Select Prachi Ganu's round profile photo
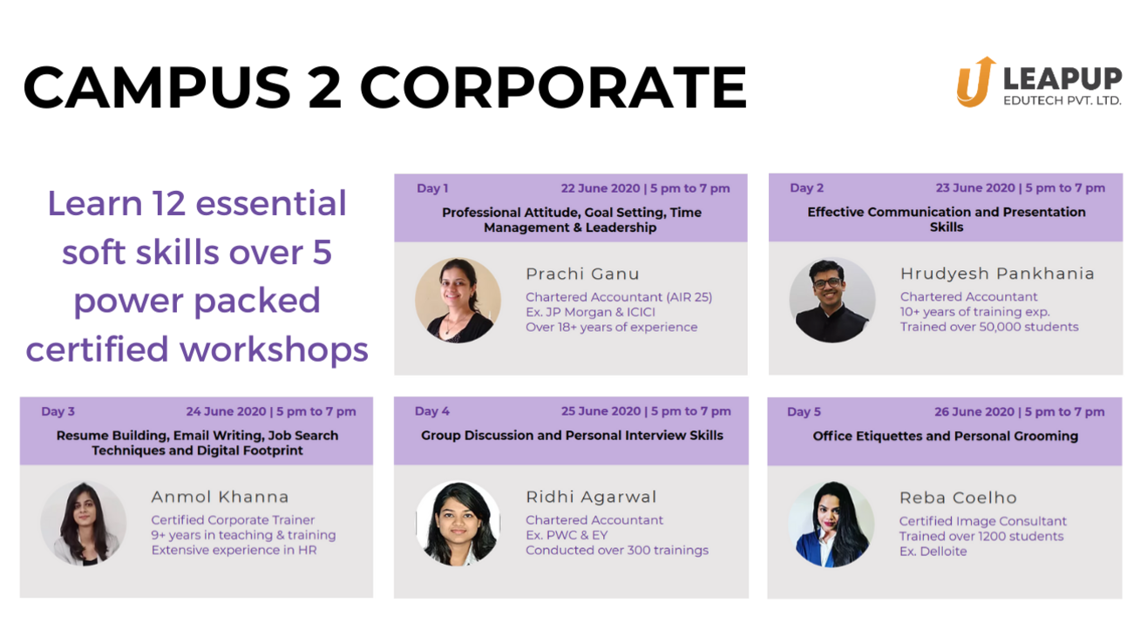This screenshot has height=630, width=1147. click(x=458, y=300)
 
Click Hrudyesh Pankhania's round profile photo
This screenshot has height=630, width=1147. click(x=832, y=300)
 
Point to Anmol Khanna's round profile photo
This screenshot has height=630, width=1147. click(x=84, y=523)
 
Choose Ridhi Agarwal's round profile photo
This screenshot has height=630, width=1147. click(x=458, y=523)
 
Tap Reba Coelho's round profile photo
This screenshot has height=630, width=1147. click(x=831, y=523)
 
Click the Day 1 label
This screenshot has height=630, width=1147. click(x=432, y=188)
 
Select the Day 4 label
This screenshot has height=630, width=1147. click(x=432, y=411)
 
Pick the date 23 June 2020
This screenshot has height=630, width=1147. click(x=974, y=188)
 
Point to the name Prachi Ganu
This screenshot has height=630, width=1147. click(x=582, y=274)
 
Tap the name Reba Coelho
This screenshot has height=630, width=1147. click(x=958, y=498)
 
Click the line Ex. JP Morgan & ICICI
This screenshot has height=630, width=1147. click(x=590, y=312)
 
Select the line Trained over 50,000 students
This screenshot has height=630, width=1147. click(x=989, y=327)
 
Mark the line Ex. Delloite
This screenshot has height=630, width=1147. click(x=933, y=551)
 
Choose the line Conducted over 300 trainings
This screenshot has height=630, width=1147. click(x=617, y=550)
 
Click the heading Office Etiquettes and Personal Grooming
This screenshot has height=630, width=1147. click(x=946, y=436)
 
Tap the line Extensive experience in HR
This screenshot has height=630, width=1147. click(x=234, y=550)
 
